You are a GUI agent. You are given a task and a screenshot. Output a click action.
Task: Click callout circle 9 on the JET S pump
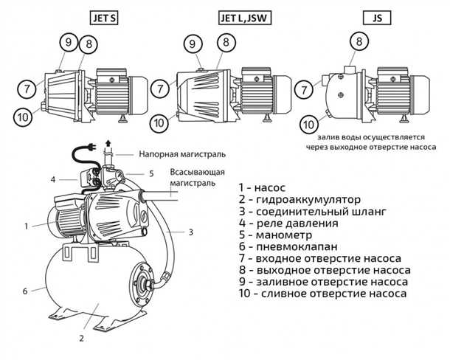[67, 43]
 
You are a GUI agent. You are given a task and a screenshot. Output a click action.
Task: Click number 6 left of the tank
[25, 291]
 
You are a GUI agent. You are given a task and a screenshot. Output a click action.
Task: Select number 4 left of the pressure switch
[53, 179]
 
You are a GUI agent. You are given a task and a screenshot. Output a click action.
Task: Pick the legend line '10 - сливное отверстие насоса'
[322, 293]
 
